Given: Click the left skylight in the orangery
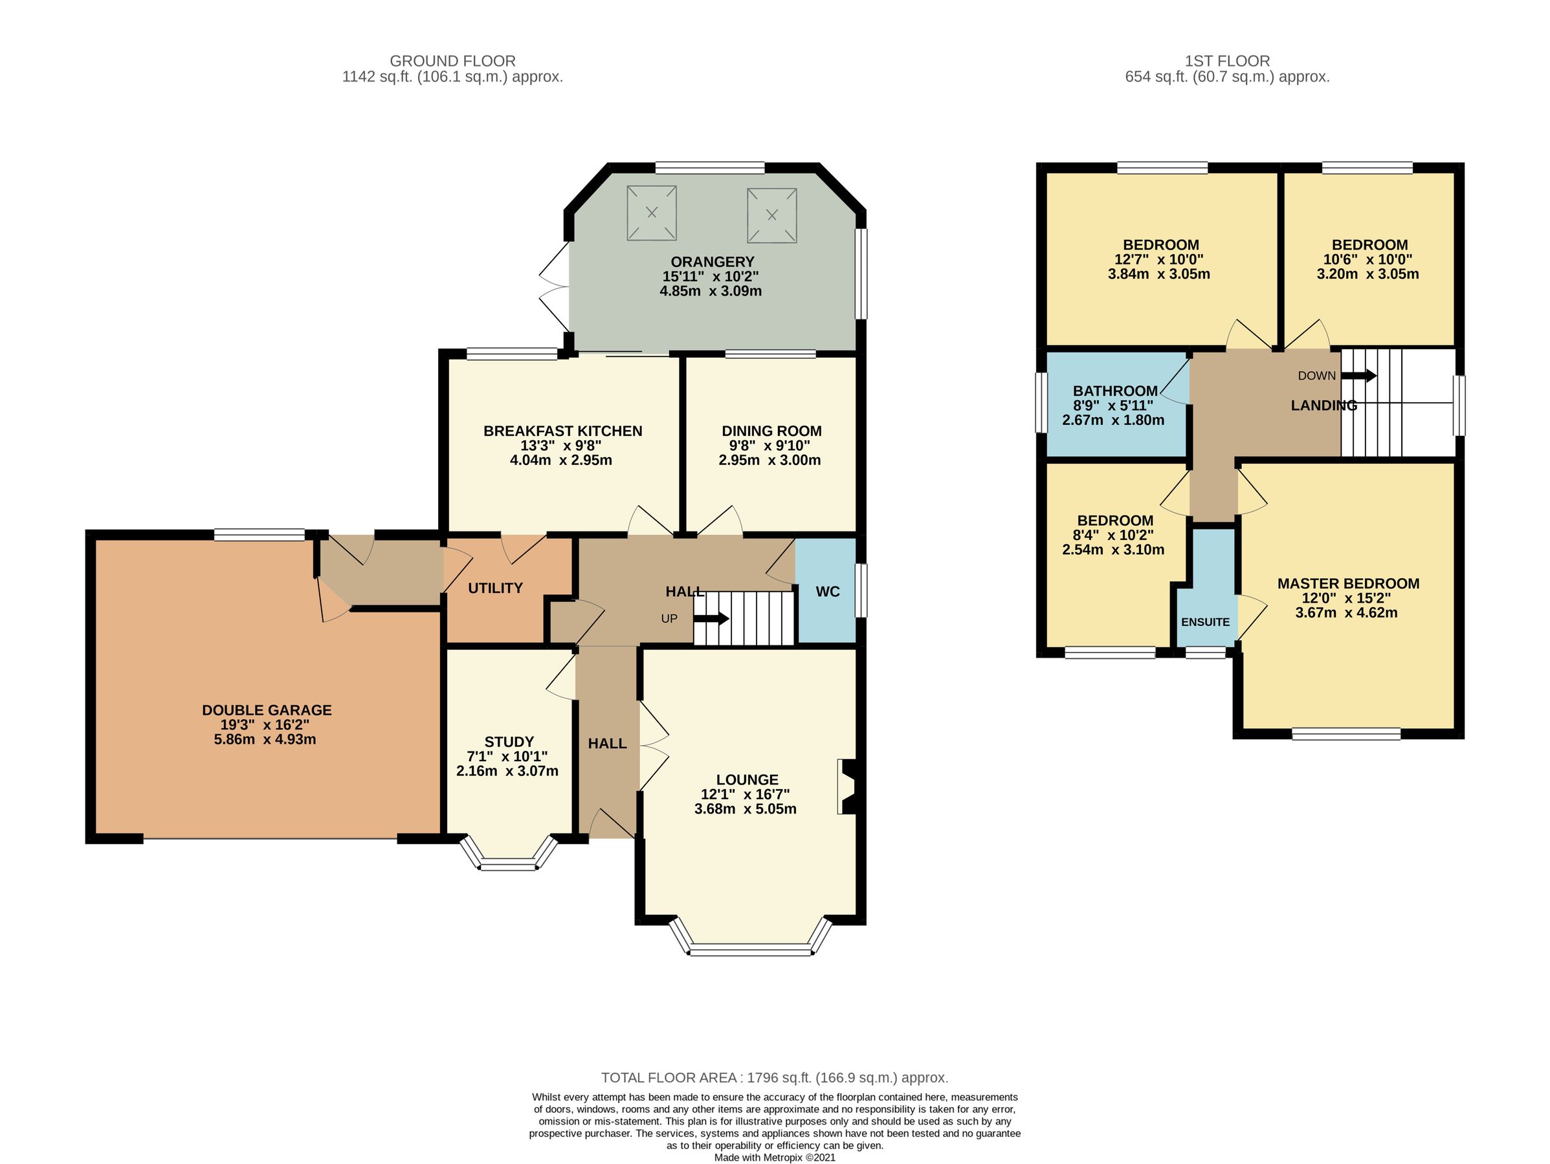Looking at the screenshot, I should (652, 212).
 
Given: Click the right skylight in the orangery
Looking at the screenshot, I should (771, 215).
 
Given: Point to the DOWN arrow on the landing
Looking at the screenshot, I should (1358, 376).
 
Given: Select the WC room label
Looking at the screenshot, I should (828, 592).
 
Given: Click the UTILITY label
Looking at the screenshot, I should (495, 588).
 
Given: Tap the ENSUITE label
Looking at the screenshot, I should (1205, 622).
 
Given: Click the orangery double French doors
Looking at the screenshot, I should (555, 286).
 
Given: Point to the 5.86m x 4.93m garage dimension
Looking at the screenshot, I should (265, 740).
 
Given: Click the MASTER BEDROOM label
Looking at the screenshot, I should (1348, 583).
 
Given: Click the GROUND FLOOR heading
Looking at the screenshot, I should (452, 61).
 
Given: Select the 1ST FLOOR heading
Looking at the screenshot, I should (1227, 61).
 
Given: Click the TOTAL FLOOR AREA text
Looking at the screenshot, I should (774, 1078).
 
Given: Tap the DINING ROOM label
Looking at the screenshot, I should (771, 431).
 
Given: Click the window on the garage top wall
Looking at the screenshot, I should (260, 535).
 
